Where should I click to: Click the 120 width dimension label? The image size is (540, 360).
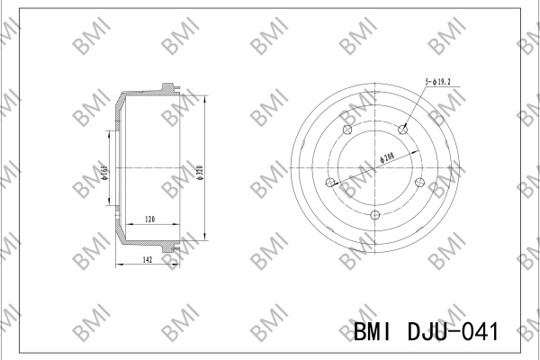[149, 219]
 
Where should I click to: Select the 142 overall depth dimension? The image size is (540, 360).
[148, 260]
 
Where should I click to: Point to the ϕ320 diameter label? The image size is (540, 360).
[201, 173]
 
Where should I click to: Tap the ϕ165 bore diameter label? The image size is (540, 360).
[104, 173]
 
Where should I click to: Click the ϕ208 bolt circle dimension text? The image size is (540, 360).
[387, 157]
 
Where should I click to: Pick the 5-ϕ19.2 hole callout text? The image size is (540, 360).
[437, 82]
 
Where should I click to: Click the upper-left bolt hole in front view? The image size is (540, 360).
[347, 130]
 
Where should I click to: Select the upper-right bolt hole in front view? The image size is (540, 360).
[402, 130]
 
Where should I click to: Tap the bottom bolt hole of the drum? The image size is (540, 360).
[374, 215]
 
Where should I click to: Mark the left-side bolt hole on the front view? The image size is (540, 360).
[330, 182]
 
